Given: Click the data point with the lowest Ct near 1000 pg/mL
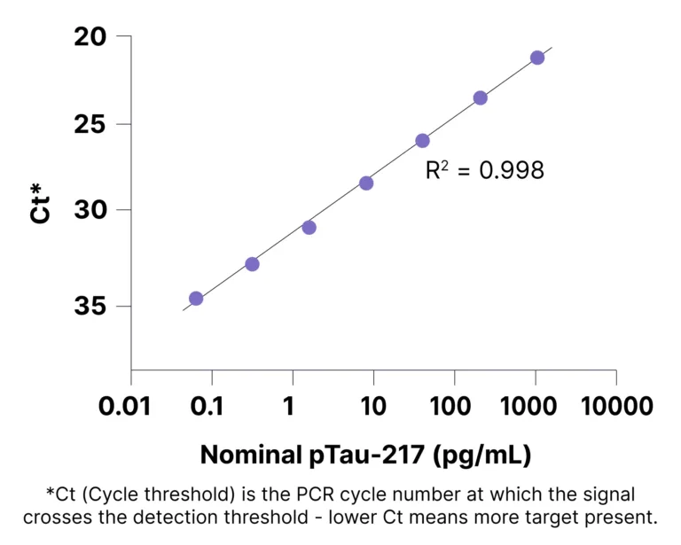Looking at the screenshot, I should click(x=536, y=58).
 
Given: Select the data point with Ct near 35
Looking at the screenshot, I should click(x=196, y=299).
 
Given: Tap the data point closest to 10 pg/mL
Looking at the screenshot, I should click(x=366, y=183).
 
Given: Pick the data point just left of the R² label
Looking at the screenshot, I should click(x=422, y=141).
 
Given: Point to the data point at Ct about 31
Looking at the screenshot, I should click(x=309, y=228).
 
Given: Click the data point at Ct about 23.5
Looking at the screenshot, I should click(x=480, y=97).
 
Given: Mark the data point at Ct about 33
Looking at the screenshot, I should click(x=252, y=264).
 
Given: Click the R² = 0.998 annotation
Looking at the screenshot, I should click(x=484, y=170).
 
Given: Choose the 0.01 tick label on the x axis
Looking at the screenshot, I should click(x=130, y=408).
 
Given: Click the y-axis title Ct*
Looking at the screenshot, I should click(x=39, y=202).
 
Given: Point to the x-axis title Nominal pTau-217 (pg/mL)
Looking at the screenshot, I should click(x=365, y=455).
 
